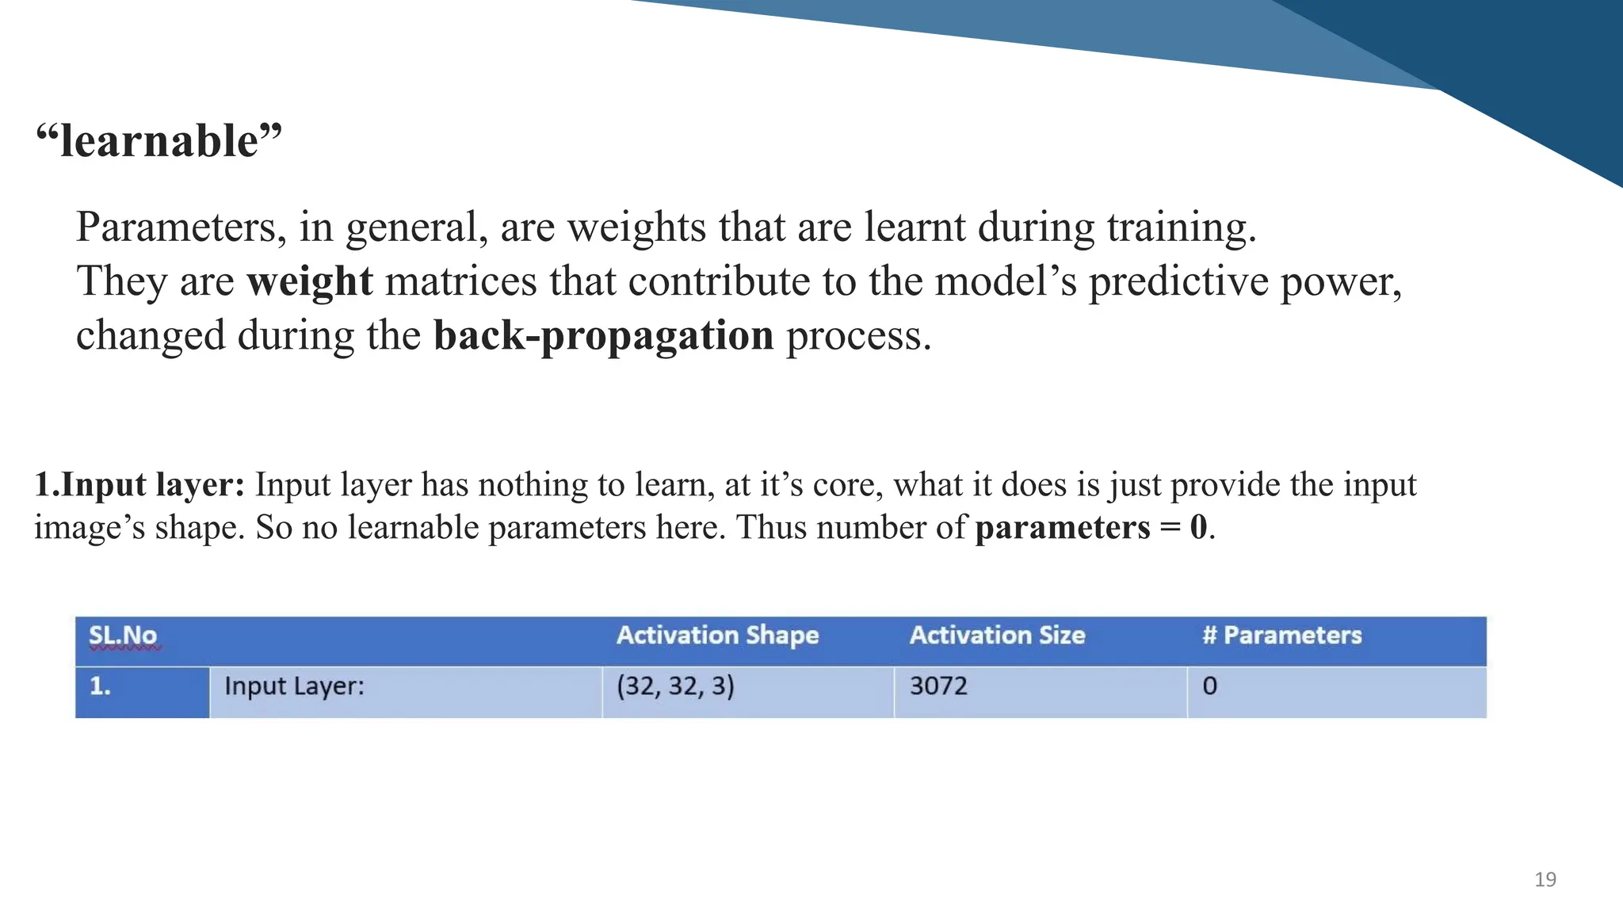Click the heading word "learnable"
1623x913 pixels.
click(x=158, y=141)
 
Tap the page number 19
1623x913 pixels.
click(x=1545, y=880)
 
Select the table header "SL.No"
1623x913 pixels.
click(x=123, y=636)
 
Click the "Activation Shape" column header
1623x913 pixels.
click(x=717, y=636)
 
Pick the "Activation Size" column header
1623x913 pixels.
click(x=997, y=636)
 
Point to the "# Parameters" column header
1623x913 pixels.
click(x=1281, y=636)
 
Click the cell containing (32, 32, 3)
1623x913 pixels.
click(x=675, y=686)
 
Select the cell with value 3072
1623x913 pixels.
click(x=938, y=686)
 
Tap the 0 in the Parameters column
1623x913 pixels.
click(x=1209, y=686)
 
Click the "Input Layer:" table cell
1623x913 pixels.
click(x=294, y=686)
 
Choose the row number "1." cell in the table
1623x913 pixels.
click(x=100, y=686)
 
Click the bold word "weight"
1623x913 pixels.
click(x=309, y=281)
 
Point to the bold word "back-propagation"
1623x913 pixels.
click(x=603, y=335)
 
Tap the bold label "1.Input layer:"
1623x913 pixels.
click(x=139, y=484)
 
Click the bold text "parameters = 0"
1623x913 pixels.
click(x=1090, y=527)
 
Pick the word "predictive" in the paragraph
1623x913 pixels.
click(x=1178, y=281)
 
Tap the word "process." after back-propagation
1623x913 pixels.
click(x=858, y=335)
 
